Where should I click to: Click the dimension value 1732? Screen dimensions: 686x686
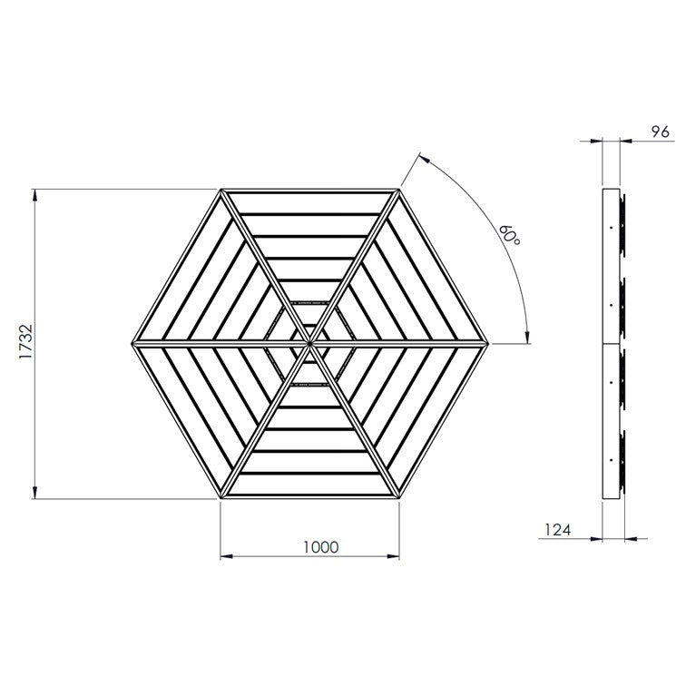[26, 342]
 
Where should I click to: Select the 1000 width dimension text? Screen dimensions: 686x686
[320, 547]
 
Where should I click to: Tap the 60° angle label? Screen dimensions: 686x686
[510, 235]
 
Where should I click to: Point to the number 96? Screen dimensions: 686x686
[661, 132]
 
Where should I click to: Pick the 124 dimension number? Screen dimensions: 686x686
[558, 530]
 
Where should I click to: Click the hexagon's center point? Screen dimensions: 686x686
[309, 344]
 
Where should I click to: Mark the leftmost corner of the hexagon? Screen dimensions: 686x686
[132, 344]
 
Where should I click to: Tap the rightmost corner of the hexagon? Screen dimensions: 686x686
[488, 344]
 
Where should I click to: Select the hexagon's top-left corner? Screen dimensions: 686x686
[220, 189]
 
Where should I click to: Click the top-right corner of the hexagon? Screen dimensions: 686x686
[399, 189]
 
